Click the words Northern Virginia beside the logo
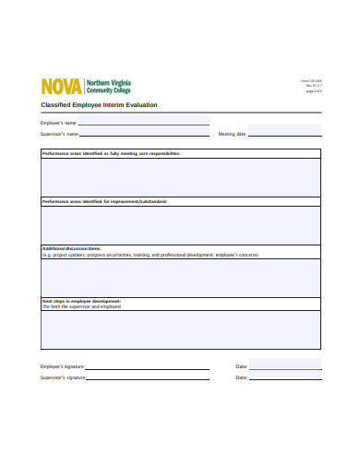point(108,82)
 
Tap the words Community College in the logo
point(108,90)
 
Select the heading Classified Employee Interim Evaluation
point(99,105)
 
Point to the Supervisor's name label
point(59,134)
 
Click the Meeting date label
point(232,134)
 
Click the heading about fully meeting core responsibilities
point(111,153)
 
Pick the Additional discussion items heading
point(71,248)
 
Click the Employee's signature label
point(61,366)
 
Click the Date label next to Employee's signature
point(242,366)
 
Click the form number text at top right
point(311,81)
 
